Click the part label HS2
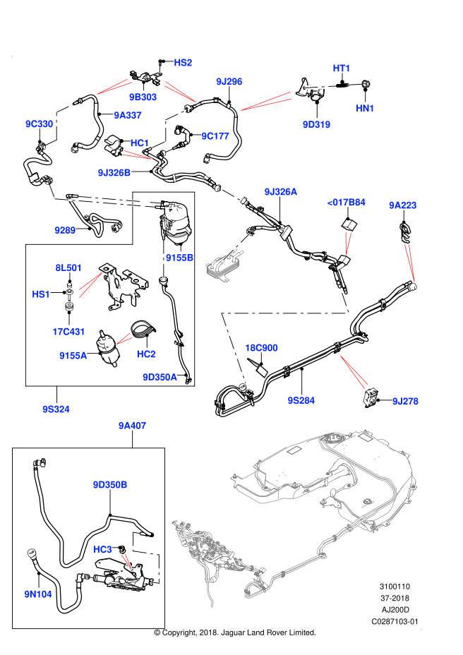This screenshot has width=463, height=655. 183,63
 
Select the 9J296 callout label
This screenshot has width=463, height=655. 229,82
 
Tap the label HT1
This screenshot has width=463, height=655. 342,68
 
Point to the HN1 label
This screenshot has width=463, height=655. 365,109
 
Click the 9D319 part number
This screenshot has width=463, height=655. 317,125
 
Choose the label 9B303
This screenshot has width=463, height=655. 143,97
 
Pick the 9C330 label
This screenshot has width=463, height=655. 40,124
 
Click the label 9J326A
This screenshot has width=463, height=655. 281,192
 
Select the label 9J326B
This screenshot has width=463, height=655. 114,173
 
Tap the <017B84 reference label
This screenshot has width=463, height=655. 347,203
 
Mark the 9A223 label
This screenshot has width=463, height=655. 403,205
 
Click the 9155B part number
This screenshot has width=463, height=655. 180,258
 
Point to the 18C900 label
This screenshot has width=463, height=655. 261,348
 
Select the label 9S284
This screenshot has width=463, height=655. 301,401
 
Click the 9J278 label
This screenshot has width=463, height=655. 406,402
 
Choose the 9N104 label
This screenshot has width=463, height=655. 38,594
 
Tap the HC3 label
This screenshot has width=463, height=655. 103,550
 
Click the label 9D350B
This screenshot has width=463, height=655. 110,485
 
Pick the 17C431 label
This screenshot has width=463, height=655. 69,332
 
